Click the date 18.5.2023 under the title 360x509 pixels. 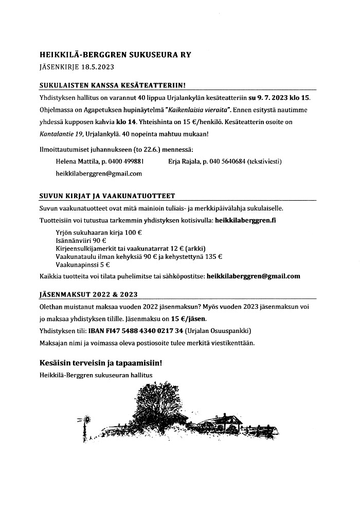tap(96, 66)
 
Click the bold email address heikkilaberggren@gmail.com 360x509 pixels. tap(253, 276)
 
